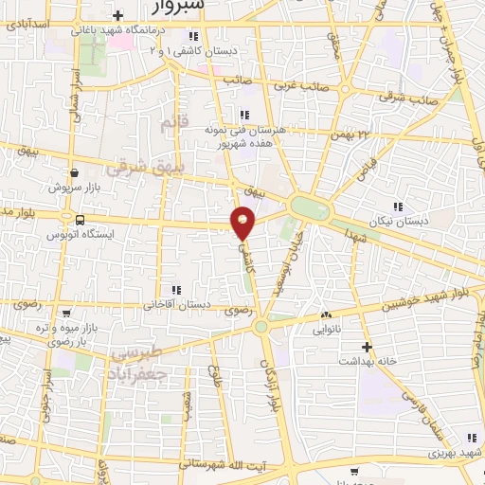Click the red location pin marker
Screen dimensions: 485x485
(x=243, y=224)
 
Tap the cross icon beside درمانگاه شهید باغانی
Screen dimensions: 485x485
(x=117, y=16)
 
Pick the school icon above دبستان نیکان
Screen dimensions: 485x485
(x=397, y=206)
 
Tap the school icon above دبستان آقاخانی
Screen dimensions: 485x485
(x=174, y=290)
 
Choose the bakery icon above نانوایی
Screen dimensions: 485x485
(x=327, y=315)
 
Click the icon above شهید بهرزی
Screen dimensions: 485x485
(x=471, y=438)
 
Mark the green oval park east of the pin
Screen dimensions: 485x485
(x=309, y=207)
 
